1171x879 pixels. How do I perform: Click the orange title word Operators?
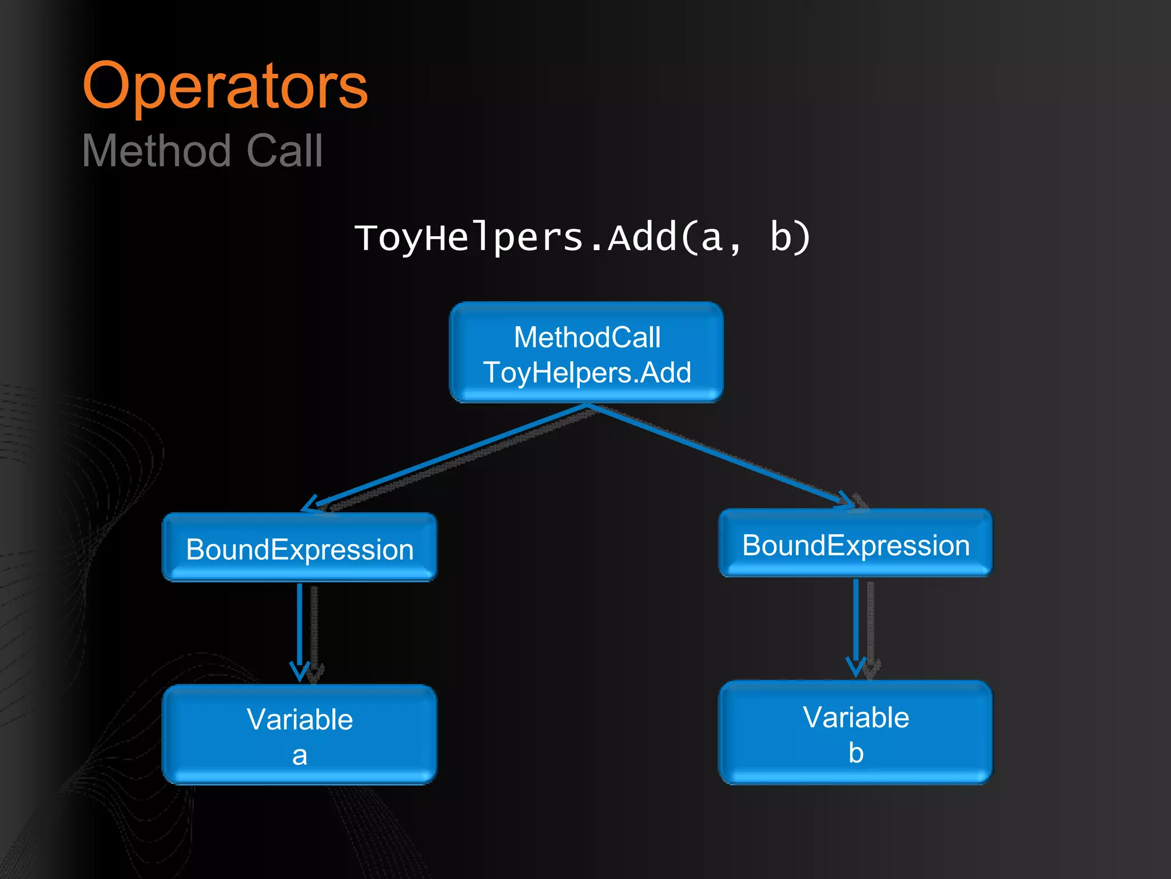coord(225,87)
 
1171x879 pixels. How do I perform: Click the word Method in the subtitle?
coord(156,151)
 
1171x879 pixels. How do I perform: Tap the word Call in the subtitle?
coord(284,151)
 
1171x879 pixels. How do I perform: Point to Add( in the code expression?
coord(652,237)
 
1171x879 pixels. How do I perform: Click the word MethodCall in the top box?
coord(587,337)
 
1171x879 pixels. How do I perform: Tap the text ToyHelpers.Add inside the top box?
coord(587,373)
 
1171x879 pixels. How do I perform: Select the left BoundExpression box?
coord(299,548)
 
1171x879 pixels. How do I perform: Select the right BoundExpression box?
coord(855,543)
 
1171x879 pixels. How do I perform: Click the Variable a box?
coord(299,734)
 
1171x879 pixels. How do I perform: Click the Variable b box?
coord(855,732)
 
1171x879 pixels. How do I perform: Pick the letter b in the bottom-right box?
coord(856,753)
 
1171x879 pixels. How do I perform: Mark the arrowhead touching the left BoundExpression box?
coord(309,505)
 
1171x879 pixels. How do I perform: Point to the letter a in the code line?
coord(711,239)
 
